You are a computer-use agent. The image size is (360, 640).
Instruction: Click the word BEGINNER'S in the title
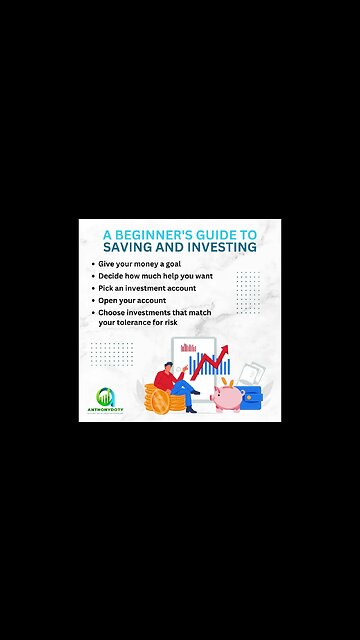[163, 232]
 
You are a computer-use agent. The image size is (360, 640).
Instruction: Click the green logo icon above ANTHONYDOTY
[105, 397]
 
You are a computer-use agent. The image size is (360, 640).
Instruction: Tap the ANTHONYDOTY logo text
[105, 411]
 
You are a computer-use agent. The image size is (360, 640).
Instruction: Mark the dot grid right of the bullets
[248, 291]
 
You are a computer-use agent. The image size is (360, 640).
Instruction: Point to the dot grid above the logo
[110, 353]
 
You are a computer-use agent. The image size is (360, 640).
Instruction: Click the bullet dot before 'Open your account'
[91, 300]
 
